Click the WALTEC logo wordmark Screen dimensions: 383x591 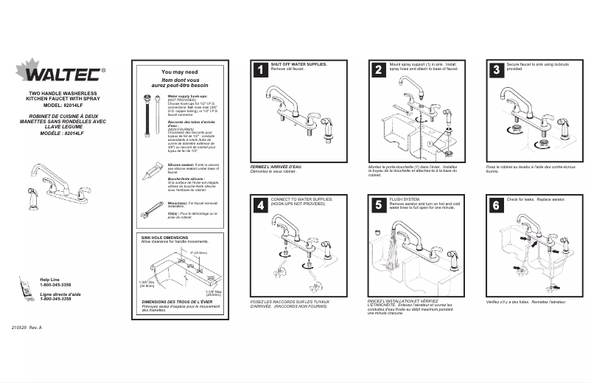click(x=60, y=75)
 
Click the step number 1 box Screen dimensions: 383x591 click(x=259, y=71)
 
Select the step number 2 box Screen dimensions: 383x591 click(x=378, y=71)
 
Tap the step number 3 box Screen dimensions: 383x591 click(x=496, y=71)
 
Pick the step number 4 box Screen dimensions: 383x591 click(x=259, y=206)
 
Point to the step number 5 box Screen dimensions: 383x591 click(x=378, y=206)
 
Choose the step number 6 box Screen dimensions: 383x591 click(x=496, y=206)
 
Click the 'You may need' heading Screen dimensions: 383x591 click(x=180, y=72)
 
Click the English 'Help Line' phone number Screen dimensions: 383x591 click(x=55, y=285)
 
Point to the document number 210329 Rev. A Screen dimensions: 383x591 click(x=27, y=327)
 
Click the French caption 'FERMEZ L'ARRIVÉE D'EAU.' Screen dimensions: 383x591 click(x=276, y=167)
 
